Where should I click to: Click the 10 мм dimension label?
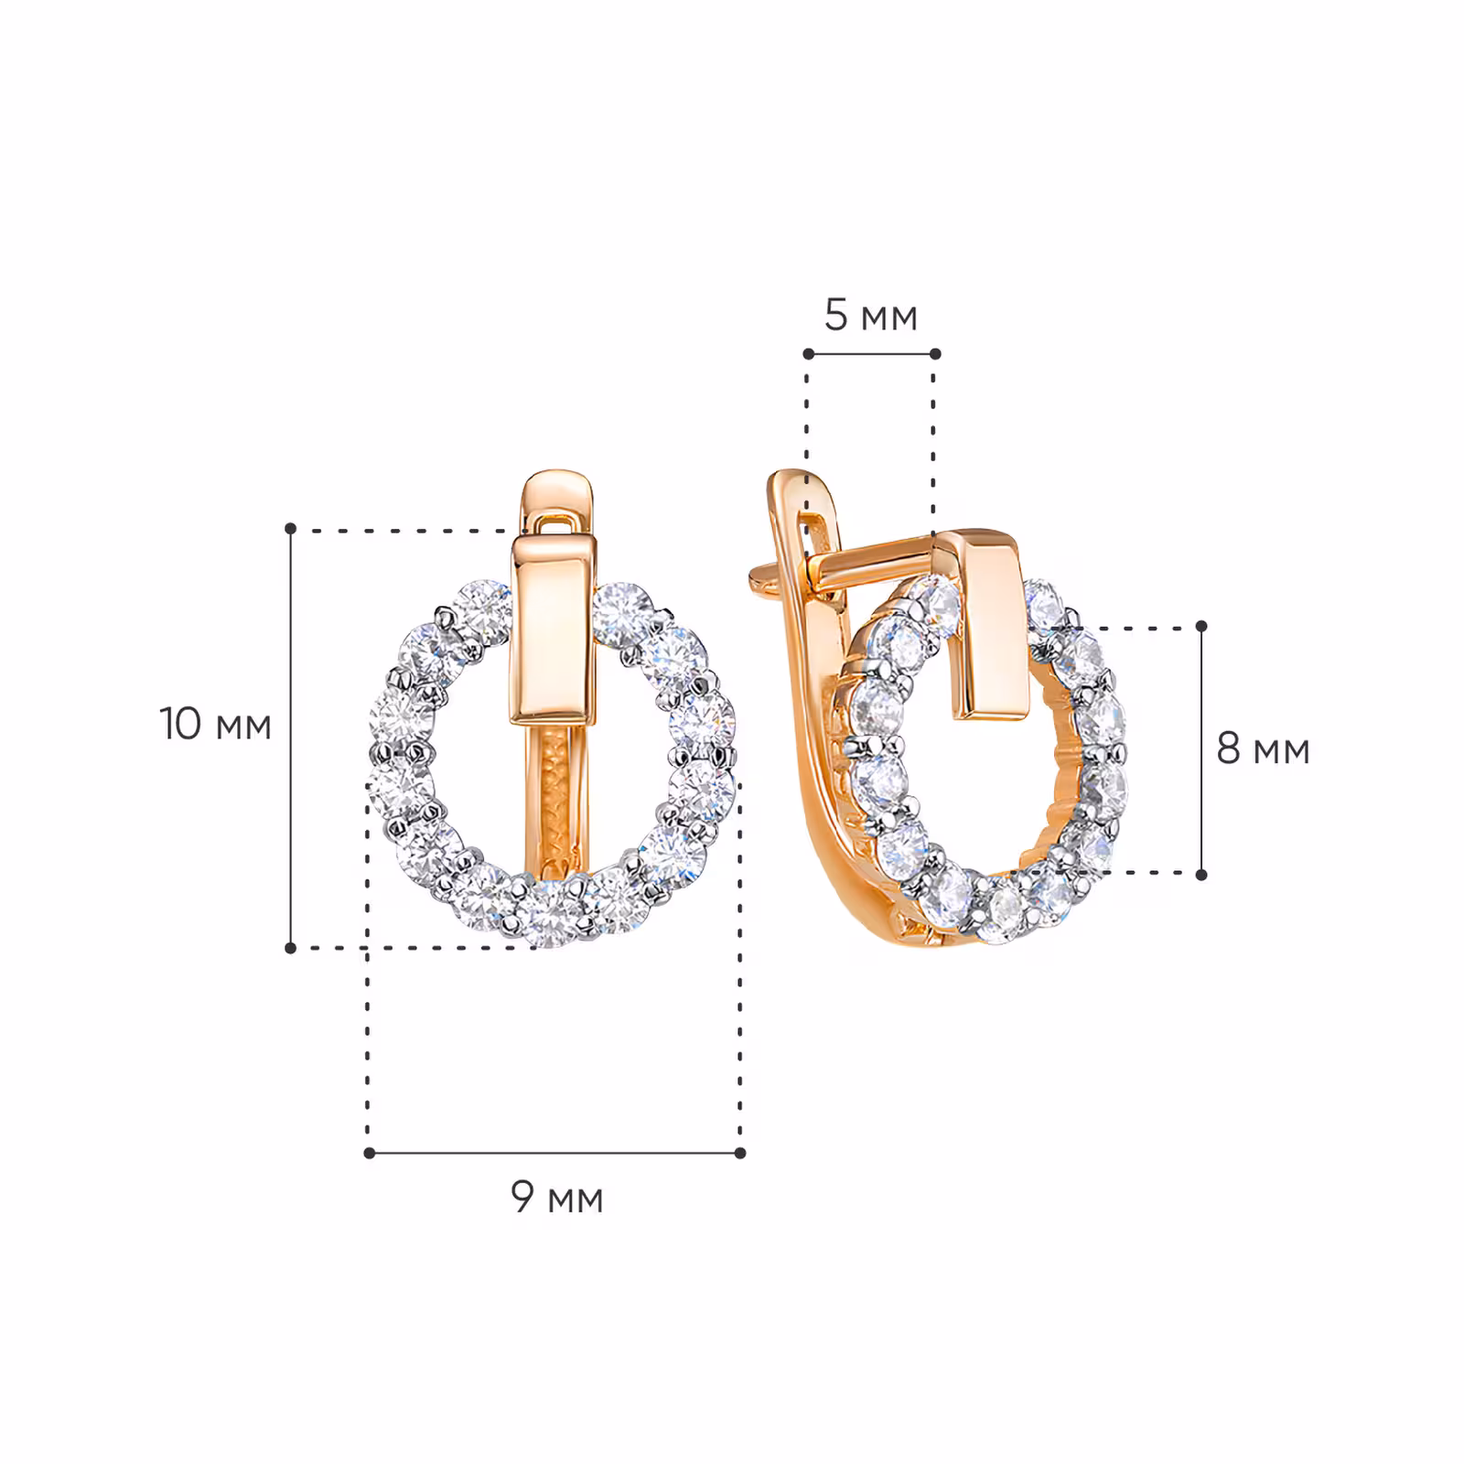(216, 724)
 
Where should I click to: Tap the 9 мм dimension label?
(557, 1196)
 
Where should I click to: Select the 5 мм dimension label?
(870, 315)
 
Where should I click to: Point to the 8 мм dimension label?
(1263, 748)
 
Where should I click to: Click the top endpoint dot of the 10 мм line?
(291, 529)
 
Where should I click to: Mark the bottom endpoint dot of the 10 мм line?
(291, 948)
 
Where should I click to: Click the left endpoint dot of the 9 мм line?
(369, 1153)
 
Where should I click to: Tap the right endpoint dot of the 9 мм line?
(740, 1153)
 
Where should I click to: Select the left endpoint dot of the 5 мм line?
(808, 353)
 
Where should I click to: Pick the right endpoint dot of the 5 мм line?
(935, 353)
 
